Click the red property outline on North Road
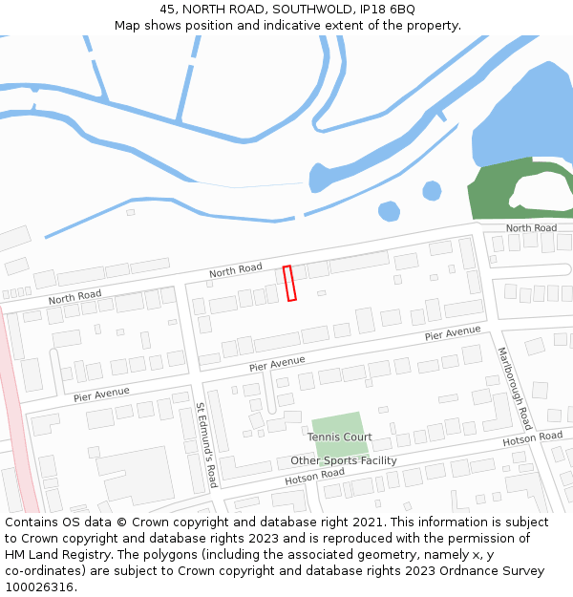click(x=290, y=284)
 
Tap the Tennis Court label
click(x=339, y=437)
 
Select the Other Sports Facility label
click(x=344, y=460)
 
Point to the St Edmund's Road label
click(x=207, y=445)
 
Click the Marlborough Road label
click(x=514, y=387)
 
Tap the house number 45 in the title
click(x=168, y=9)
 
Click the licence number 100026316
click(x=40, y=587)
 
